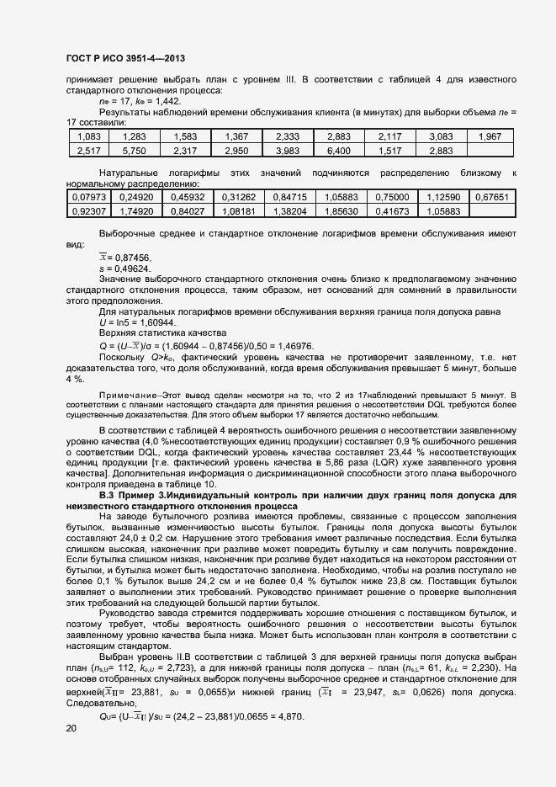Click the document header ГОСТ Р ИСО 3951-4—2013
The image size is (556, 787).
[124, 58]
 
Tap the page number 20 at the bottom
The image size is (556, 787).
[71, 729]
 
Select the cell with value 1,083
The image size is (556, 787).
[88, 136]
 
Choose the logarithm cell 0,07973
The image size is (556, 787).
[88, 197]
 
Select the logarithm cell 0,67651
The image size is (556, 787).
[491, 197]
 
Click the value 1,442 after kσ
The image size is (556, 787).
[163, 101]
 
